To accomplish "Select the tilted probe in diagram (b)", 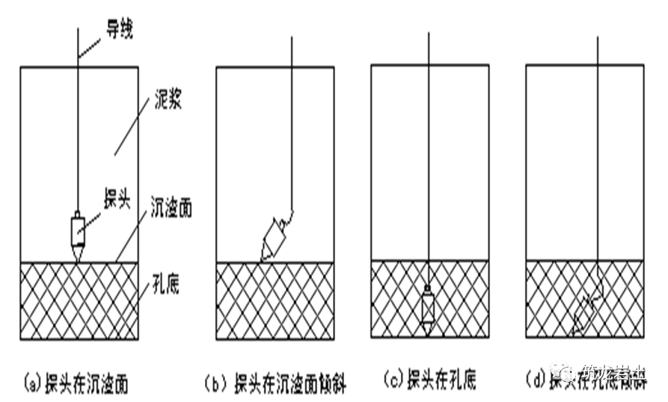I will [x=273, y=237].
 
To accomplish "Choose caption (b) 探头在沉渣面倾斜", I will [x=275, y=384].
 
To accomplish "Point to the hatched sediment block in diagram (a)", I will [x=45, y=307].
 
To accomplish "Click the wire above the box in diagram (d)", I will [x=597, y=51].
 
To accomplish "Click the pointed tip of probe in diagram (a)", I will [x=79, y=256].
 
